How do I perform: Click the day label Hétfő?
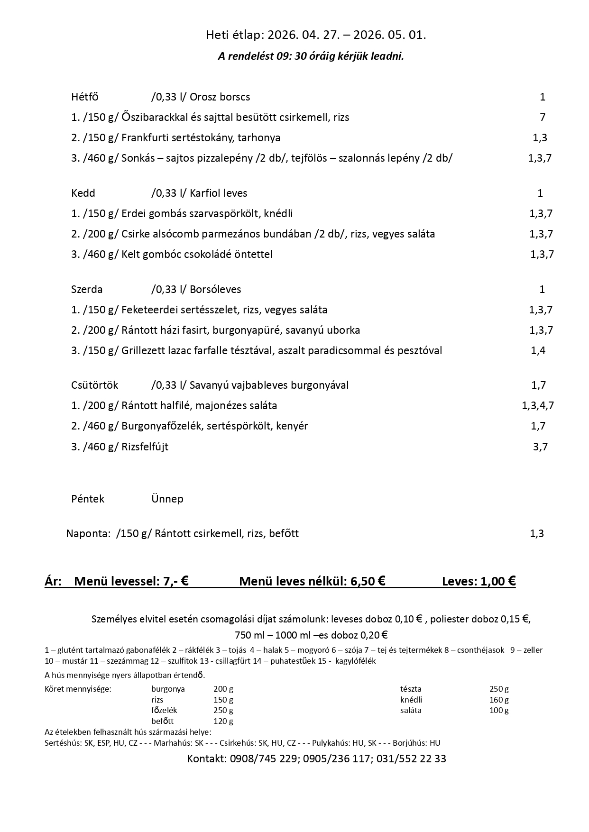pyautogui.click(x=85, y=97)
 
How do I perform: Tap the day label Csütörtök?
pyautogui.click(x=94, y=385)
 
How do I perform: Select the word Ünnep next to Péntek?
pyautogui.click(x=167, y=499)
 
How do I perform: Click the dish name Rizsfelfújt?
pyautogui.click(x=145, y=447)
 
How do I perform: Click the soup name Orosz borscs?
pyautogui.click(x=220, y=97)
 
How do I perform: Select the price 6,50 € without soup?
pyautogui.click(x=368, y=581)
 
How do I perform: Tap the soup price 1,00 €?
pyautogui.click(x=498, y=581)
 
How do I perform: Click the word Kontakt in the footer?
pyautogui.click(x=206, y=759)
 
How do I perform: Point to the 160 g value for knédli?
pyautogui.click(x=499, y=700)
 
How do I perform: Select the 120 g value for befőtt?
pyautogui.click(x=223, y=721)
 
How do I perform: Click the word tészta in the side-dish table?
pyautogui.click(x=411, y=689)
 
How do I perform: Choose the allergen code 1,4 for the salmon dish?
pyautogui.click(x=538, y=351)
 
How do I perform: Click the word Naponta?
pyautogui.click(x=88, y=534)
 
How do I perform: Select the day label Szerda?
pyautogui.click(x=87, y=289)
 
